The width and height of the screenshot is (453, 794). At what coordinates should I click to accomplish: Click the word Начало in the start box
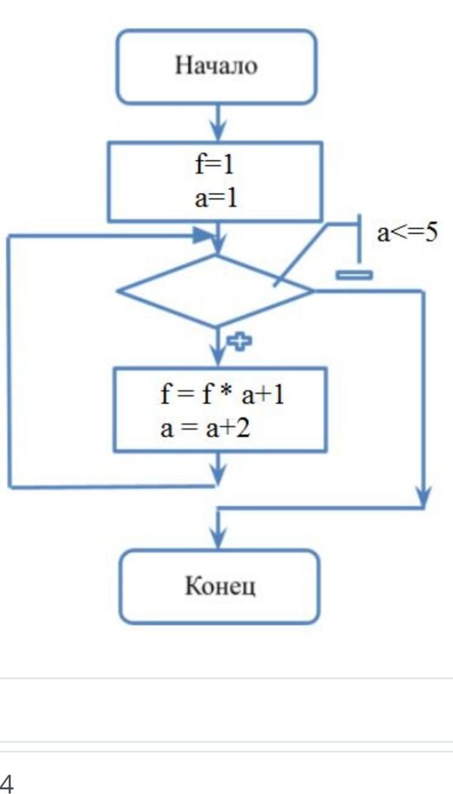[216, 66]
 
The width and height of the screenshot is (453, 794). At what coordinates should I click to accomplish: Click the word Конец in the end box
[220, 586]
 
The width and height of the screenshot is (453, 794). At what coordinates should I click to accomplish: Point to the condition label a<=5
[406, 233]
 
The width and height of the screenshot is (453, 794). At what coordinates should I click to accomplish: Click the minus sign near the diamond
[354, 275]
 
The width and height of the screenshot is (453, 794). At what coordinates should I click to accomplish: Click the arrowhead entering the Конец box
[218, 538]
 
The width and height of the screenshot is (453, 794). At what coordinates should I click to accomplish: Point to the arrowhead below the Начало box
[218, 130]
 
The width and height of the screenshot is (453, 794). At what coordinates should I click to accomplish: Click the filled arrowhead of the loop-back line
[204, 236]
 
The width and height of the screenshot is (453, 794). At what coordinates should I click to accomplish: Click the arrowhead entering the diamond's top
[218, 245]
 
